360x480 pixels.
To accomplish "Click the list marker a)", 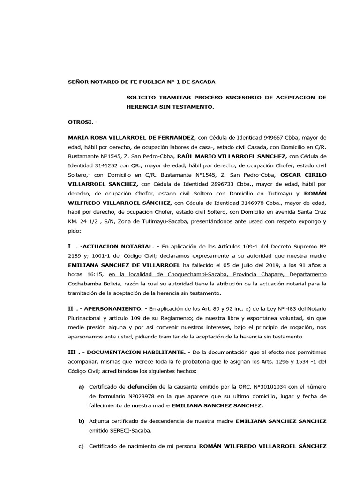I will coord(81,386).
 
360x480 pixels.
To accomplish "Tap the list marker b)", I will coord(81,421).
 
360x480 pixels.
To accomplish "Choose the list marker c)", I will coord(81,446).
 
